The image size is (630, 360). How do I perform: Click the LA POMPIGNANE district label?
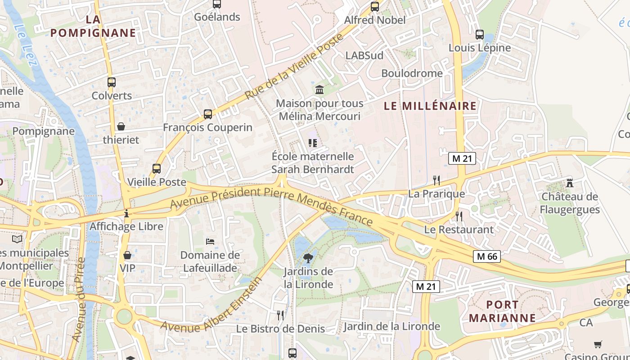pyautogui.click(x=93, y=26)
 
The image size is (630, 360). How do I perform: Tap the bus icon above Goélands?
pyautogui.click(x=217, y=4)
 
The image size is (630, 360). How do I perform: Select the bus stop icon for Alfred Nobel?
pyautogui.click(x=375, y=7)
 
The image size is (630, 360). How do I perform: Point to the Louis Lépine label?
pyautogui.click(x=480, y=48)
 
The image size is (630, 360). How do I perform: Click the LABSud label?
pyautogui.click(x=364, y=55)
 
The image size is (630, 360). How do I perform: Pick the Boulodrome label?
pyautogui.click(x=412, y=73)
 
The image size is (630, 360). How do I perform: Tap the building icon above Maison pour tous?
pyautogui.click(x=319, y=90)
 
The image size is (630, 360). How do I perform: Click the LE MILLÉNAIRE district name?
pyautogui.click(x=430, y=106)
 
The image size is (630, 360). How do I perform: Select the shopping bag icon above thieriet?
pyautogui.click(x=121, y=126)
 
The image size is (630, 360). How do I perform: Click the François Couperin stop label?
pyautogui.click(x=207, y=127)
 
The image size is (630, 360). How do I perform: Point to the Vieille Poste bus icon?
pyautogui.click(x=157, y=169)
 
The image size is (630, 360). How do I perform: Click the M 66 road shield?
pyautogui.click(x=487, y=256)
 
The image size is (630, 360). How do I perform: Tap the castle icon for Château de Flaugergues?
pyautogui.click(x=570, y=183)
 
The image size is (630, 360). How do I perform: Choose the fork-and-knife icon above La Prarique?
pyautogui.click(x=436, y=180)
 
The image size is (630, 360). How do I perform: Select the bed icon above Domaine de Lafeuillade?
pyautogui.click(x=210, y=241)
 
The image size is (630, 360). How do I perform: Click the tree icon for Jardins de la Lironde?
pyautogui.click(x=308, y=258)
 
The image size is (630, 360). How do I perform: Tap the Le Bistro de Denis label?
pyautogui.click(x=280, y=329)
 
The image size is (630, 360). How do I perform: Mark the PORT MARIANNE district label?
pyautogui.click(x=502, y=311)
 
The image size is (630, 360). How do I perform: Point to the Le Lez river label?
pyautogui.click(x=26, y=45)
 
